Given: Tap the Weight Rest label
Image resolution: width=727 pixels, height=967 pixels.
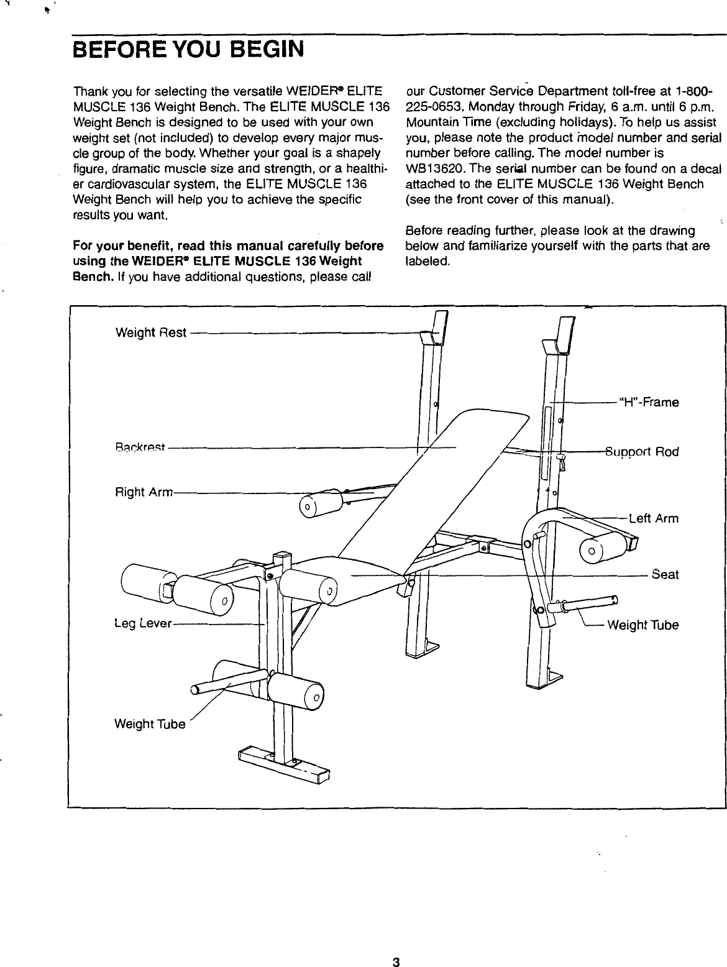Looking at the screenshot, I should click(151, 332).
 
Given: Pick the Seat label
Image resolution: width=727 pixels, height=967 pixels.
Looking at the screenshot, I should click(665, 575).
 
